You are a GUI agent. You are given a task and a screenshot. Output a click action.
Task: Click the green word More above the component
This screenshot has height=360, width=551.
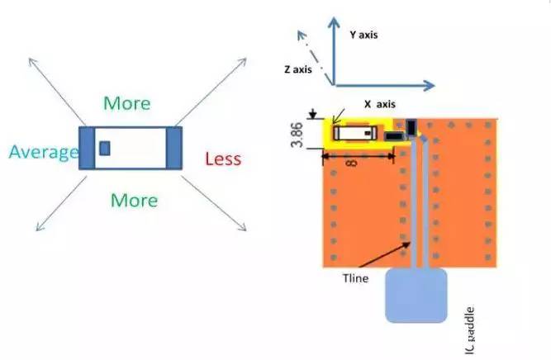point(127,103)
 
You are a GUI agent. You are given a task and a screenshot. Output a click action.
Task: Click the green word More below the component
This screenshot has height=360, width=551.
point(133,200)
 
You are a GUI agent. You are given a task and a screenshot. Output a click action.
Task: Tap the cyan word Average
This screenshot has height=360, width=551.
point(44,152)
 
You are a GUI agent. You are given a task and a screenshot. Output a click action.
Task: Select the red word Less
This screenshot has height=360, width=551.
point(222,159)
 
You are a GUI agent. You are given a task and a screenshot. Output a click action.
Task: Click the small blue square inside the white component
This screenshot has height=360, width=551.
point(104,148)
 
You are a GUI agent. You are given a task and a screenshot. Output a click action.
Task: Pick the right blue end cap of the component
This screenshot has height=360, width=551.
point(173,149)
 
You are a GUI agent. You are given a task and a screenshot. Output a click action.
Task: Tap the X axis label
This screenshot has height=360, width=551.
point(379,105)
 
